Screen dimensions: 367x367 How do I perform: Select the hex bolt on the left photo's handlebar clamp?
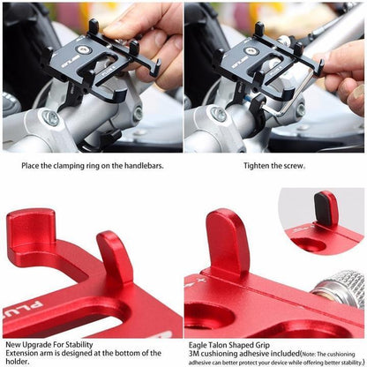coord(51,116)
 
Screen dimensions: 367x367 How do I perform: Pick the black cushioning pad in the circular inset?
coord(327,209)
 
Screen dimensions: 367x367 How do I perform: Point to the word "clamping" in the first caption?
coord(78,164)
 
